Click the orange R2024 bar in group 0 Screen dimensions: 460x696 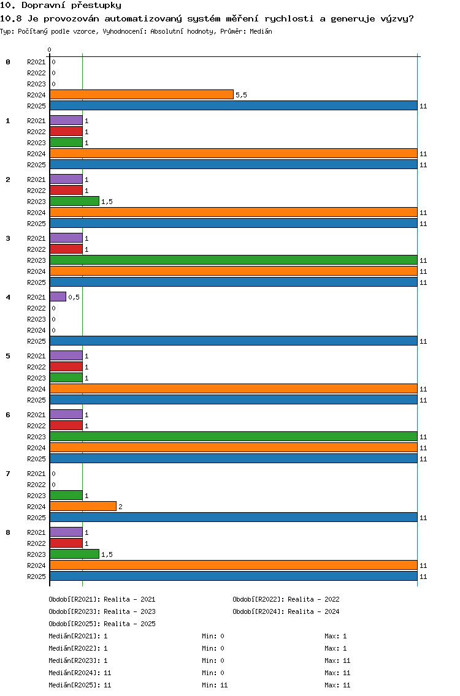pyautogui.click(x=142, y=94)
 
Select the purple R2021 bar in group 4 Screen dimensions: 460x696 pyautogui.click(x=58, y=297)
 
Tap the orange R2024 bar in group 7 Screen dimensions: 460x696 pyautogui.click(x=83, y=506)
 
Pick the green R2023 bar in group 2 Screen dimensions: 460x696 pyautogui.click(x=75, y=201)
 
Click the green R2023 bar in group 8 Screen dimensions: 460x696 pyautogui.click(x=75, y=554)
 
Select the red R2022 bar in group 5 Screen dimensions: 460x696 pyautogui.click(x=66, y=366)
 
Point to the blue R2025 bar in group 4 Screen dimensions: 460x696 pyautogui.click(x=234, y=341)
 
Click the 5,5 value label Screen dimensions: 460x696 pyautogui.click(x=241, y=95)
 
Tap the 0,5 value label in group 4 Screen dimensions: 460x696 pyautogui.click(x=74, y=297)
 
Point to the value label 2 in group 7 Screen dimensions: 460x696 pyautogui.click(x=120, y=507)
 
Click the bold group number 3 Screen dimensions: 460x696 pyautogui.click(x=8, y=238)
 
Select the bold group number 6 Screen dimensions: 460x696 pyautogui.click(x=8, y=415)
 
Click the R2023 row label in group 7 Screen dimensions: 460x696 pyautogui.click(x=36, y=496)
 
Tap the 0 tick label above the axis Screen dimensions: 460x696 pyautogui.click(x=49, y=50)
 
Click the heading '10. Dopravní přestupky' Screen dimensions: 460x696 pyautogui.click(x=61, y=6)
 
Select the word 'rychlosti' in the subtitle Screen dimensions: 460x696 pyautogui.click(x=289, y=18)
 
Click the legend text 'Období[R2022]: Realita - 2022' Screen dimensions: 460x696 pyautogui.click(x=286, y=599)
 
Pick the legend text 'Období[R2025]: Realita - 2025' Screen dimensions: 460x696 pyautogui.click(x=102, y=624)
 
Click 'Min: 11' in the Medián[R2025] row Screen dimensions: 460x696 pyautogui.click(x=215, y=685)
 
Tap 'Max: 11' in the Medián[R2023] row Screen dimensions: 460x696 pyautogui.click(x=337, y=660)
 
